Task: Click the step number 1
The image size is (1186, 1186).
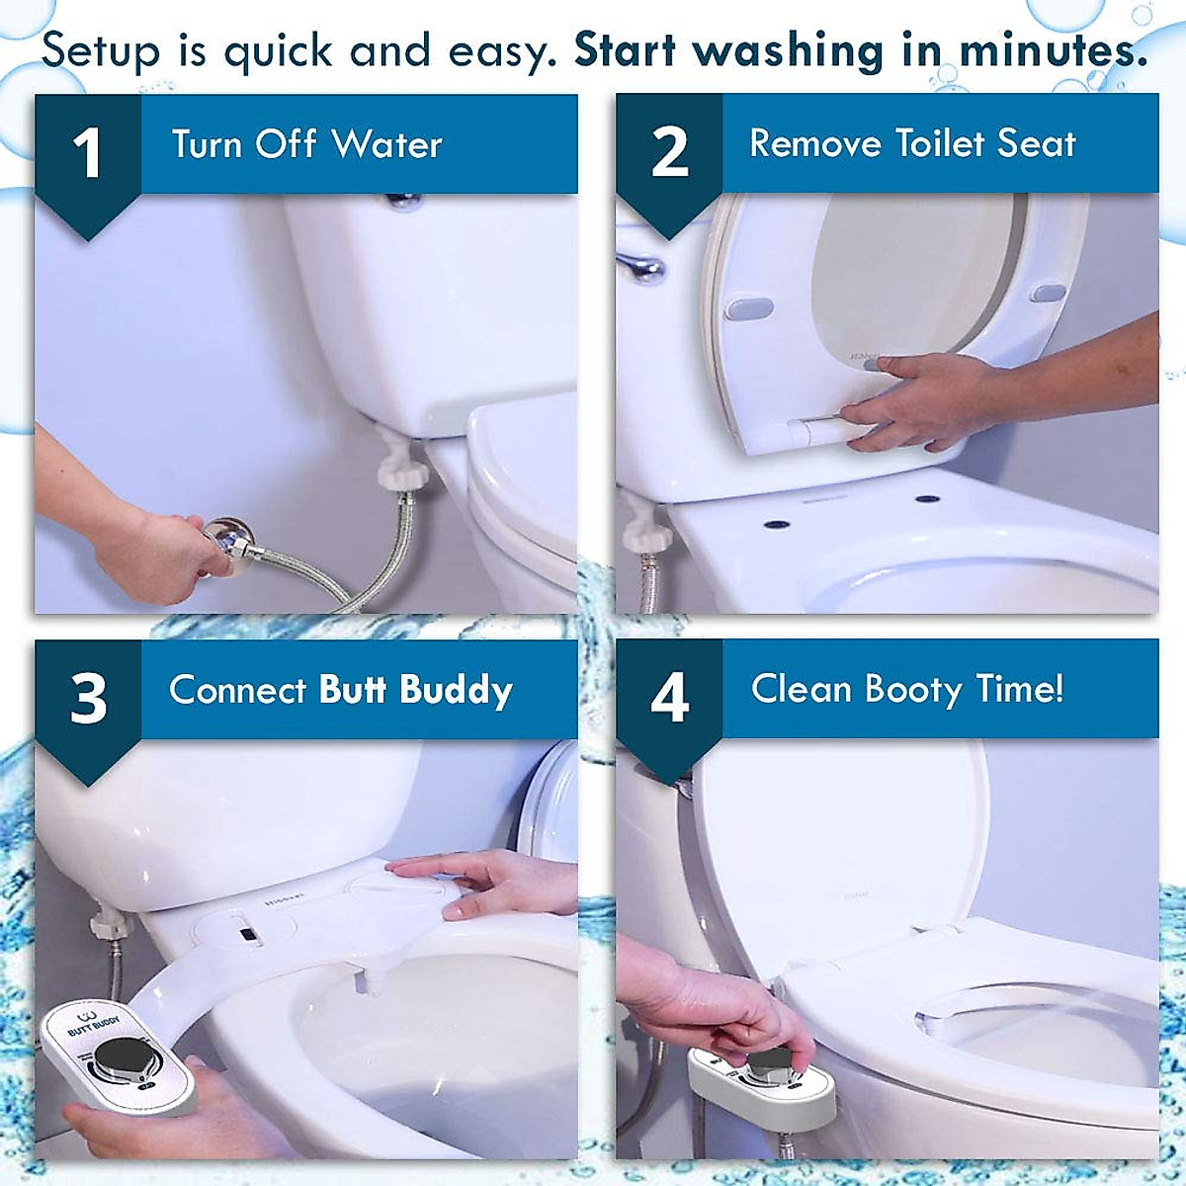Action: [x=87, y=153]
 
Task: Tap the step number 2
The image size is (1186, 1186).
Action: [x=669, y=153]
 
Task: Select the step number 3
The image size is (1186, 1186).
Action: [x=88, y=698]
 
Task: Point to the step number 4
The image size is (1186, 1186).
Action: [x=669, y=698]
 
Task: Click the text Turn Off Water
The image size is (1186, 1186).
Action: [x=306, y=144]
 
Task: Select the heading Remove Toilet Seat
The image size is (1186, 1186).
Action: [x=911, y=143]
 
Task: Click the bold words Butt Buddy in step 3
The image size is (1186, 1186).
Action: [x=415, y=690]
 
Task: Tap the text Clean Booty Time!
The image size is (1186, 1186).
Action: [x=906, y=689]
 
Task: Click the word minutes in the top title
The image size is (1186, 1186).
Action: [x=1053, y=50]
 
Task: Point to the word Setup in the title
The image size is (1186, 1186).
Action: [x=100, y=50]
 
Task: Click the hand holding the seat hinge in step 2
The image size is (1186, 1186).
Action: [x=919, y=400]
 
